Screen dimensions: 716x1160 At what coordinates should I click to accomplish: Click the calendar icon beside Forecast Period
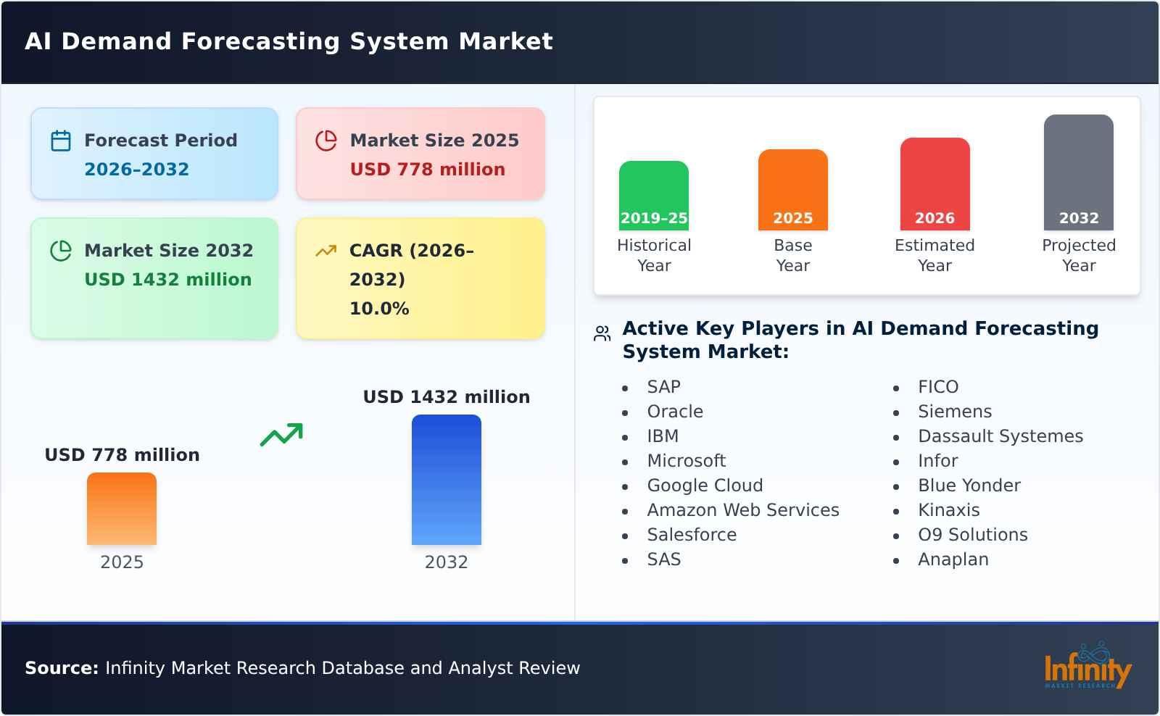pyautogui.click(x=61, y=141)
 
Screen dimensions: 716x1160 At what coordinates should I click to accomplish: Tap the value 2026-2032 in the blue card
pyautogui.click(x=136, y=170)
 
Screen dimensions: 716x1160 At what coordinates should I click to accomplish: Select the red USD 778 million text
pyautogui.click(x=427, y=170)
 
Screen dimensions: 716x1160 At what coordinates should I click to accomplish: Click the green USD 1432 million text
pyautogui.click(x=167, y=280)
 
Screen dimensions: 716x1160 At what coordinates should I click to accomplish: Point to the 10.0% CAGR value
pyautogui.click(x=378, y=309)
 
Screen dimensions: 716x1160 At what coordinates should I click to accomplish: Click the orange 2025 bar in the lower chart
pyautogui.click(x=122, y=509)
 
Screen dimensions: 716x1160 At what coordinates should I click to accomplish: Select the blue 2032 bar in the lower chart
pyautogui.click(x=446, y=480)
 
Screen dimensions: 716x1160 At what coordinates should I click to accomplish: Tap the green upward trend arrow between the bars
pyautogui.click(x=281, y=435)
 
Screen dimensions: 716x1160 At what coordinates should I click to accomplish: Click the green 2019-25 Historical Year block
pyautogui.click(x=653, y=196)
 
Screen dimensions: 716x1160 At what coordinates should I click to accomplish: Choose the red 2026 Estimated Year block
pyautogui.click(x=935, y=184)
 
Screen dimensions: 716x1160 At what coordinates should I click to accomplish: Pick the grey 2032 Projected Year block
pyautogui.click(x=1078, y=172)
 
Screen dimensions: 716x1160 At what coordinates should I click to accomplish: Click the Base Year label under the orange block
pyautogui.click(x=792, y=255)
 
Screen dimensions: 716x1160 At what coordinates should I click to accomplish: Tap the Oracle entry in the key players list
pyautogui.click(x=674, y=412)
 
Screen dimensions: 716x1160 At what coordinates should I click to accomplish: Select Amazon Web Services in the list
pyautogui.click(x=742, y=510)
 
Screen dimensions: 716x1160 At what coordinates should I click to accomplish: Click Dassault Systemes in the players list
pyautogui.click(x=1000, y=436)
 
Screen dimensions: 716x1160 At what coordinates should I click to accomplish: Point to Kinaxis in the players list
pyautogui.click(x=948, y=510)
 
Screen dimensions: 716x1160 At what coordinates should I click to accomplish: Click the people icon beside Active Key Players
pyautogui.click(x=602, y=333)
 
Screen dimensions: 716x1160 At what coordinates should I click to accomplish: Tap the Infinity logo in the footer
pyautogui.click(x=1087, y=667)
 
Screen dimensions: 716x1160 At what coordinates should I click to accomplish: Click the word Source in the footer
pyautogui.click(x=61, y=668)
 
